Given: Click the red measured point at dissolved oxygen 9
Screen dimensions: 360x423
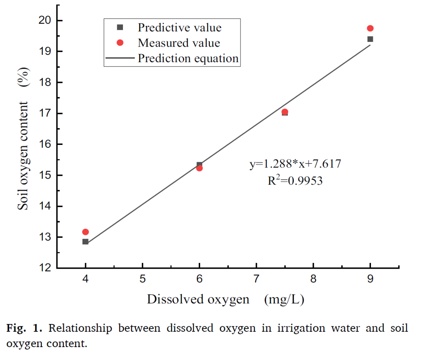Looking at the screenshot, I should click(370, 28).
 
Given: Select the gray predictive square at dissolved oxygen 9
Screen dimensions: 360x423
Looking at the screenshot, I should click(370, 39).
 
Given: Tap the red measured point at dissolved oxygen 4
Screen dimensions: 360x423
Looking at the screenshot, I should click(85, 232).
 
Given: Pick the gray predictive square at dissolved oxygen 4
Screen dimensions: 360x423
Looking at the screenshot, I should click(85, 242).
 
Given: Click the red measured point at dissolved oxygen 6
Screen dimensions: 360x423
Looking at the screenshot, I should click(199, 168).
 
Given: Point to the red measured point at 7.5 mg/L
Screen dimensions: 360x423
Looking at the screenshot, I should click(285, 112).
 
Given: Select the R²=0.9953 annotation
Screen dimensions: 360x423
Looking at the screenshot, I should click(295, 181).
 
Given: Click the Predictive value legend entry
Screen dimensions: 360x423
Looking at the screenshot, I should click(179, 27).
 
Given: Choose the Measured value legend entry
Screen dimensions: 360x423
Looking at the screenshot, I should click(179, 43).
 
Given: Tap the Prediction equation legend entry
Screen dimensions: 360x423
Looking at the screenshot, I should click(188, 58).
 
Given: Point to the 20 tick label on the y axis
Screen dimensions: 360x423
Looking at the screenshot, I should click(47, 20).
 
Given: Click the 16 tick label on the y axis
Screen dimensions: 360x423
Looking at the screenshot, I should click(47, 144).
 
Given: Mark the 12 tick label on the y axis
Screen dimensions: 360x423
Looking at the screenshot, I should click(47, 268).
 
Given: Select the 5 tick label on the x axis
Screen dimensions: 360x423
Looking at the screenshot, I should click(143, 279).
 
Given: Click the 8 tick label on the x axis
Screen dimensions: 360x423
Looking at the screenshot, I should click(313, 279).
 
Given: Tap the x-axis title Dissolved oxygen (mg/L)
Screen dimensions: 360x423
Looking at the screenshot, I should click(226, 300).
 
